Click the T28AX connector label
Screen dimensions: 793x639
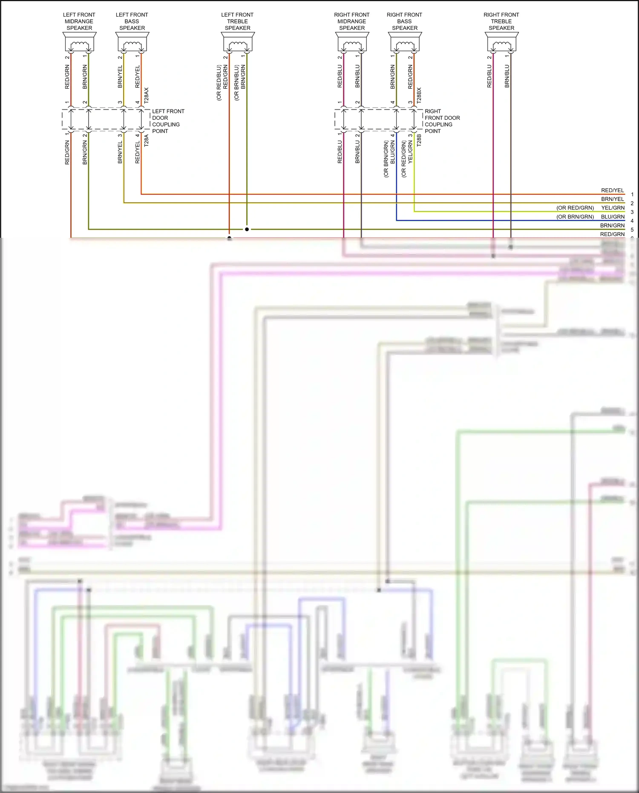pyautogui.click(x=147, y=95)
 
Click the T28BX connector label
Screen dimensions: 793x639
pyautogui.click(x=419, y=95)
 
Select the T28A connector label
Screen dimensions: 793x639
pyautogui.click(x=147, y=141)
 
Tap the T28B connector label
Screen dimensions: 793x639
pyautogui.click(x=419, y=141)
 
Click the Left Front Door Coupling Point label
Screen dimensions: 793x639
pyautogui.click(x=168, y=121)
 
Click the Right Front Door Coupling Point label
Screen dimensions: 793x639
pyautogui.click(x=442, y=121)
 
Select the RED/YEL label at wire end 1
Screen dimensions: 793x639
pyautogui.click(x=612, y=190)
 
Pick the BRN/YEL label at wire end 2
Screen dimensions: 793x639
pyautogui.click(x=612, y=199)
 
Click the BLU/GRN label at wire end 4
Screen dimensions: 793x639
pyautogui.click(x=613, y=217)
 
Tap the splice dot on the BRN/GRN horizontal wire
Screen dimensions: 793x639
pyautogui.click(x=247, y=229)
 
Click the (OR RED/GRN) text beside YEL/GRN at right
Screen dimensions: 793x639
pyautogui.click(x=575, y=208)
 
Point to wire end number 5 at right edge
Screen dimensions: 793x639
pyautogui.click(x=632, y=230)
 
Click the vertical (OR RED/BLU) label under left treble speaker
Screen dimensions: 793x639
pyautogui.click(x=219, y=83)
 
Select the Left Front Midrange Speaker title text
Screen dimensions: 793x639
pyautogui.click(x=79, y=21)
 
